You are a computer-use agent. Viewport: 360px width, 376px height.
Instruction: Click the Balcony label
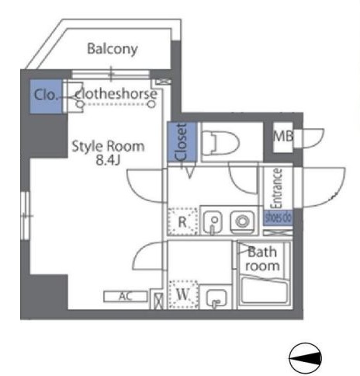pos(112,49)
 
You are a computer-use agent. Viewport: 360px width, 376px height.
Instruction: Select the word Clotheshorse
pos(119,94)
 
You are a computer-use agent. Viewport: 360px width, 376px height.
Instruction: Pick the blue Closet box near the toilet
pos(179,144)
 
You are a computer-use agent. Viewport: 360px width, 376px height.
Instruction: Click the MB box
pos(283,138)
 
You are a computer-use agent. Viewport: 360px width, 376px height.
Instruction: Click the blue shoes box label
pos(277,218)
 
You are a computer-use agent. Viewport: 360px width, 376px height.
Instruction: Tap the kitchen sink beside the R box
pos(215,221)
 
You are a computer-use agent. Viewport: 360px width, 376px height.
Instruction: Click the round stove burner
pos(242,221)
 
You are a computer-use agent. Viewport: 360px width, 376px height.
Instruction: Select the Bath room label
pos(262,259)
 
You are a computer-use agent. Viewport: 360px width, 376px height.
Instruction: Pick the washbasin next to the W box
pos(216,294)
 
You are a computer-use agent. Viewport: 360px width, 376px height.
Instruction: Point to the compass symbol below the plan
pos(303,357)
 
